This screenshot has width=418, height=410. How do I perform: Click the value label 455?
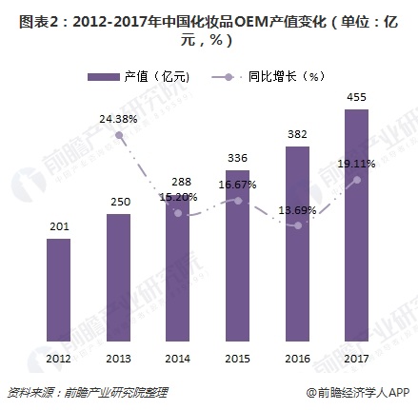click(x=356, y=97)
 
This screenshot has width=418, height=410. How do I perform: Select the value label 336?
click(x=237, y=158)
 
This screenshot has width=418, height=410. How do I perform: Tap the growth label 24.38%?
click(x=118, y=119)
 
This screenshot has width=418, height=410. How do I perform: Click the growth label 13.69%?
click(x=297, y=208)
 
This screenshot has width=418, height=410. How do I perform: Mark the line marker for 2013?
click(x=118, y=135)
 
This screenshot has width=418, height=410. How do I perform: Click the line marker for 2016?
click(x=297, y=225)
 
